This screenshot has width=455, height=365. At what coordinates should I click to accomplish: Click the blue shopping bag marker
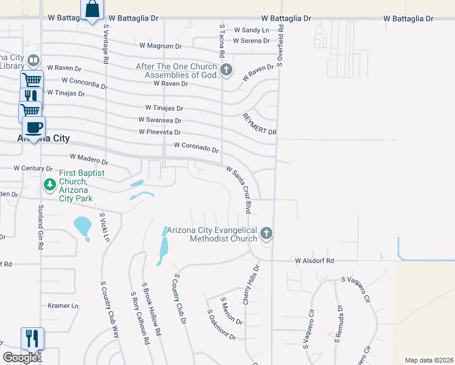(92, 10)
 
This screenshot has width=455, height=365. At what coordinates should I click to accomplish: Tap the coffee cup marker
(33, 128)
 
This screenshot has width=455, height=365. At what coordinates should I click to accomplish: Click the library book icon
(33, 61)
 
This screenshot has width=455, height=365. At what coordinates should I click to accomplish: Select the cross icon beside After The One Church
(226, 70)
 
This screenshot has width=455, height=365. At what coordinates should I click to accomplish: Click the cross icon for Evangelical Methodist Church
(266, 234)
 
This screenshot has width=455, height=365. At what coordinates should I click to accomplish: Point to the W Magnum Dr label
(161, 46)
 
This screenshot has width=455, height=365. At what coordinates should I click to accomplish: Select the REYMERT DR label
(259, 124)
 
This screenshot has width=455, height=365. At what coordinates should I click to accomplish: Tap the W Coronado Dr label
(196, 147)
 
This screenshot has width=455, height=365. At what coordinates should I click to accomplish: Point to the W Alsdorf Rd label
(314, 261)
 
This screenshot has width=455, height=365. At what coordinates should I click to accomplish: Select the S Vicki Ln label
(104, 226)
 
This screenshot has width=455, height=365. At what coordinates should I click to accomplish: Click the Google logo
(21, 358)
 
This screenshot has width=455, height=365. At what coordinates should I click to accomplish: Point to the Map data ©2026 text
(429, 360)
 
